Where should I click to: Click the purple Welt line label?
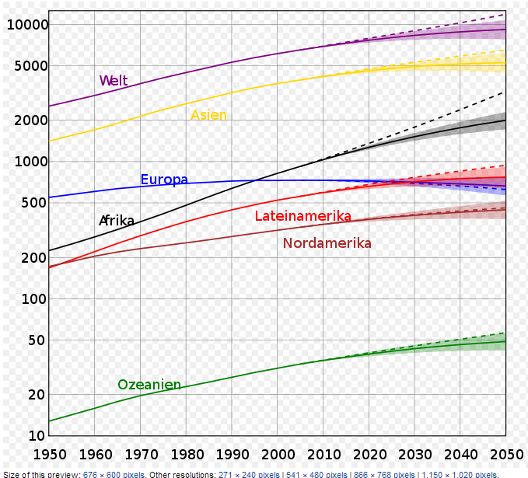(x=114, y=81)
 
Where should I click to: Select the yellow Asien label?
(x=208, y=115)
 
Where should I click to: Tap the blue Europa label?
(x=164, y=180)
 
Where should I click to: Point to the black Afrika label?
(x=117, y=221)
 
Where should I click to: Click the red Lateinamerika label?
(x=302, y=216)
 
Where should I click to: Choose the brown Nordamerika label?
(x=327, y=243)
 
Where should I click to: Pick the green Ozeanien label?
(x=149, y=385)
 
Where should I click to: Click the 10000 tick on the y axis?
(x=27, y=25)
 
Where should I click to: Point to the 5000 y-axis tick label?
(x=32, y=66)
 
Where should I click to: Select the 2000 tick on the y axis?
(x=32, y=120)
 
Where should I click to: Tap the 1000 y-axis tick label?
(x=32, y=162)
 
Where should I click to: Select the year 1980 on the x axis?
(x=186, y=453)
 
